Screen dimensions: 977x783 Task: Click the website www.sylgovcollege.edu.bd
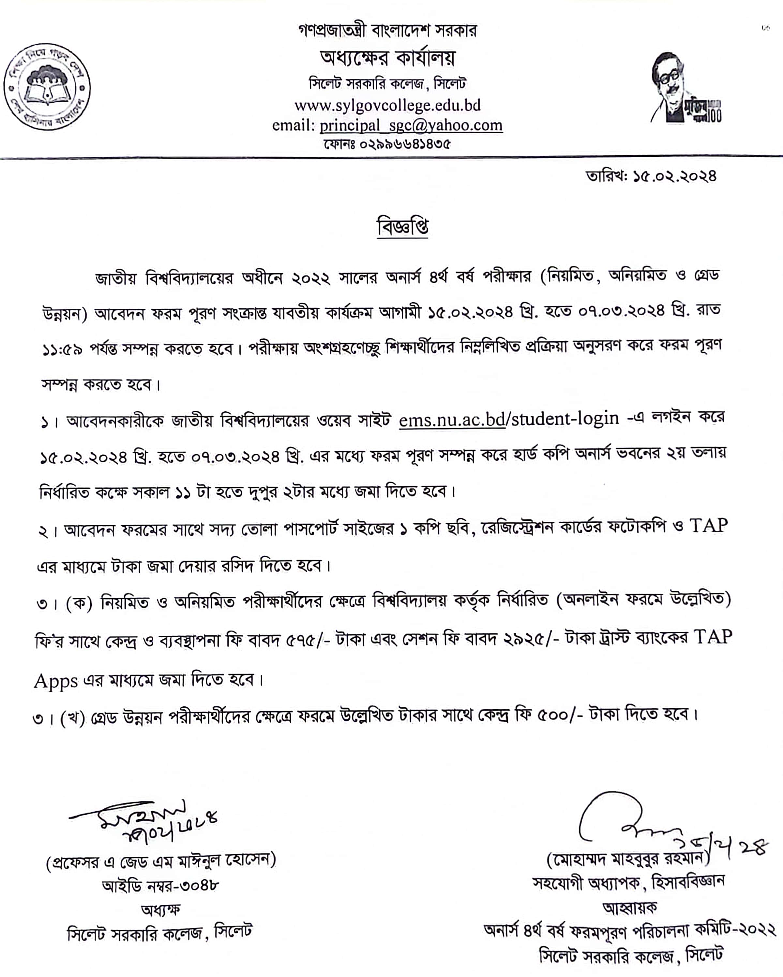(387, 105)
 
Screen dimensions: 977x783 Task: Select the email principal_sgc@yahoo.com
(411, 125)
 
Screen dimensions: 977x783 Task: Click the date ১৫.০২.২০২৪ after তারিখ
(675, 176)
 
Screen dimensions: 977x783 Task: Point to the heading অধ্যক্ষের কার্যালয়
(387, 58)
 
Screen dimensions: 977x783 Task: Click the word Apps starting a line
(56, 681)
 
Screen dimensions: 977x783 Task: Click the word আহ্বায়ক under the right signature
(629, 908)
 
